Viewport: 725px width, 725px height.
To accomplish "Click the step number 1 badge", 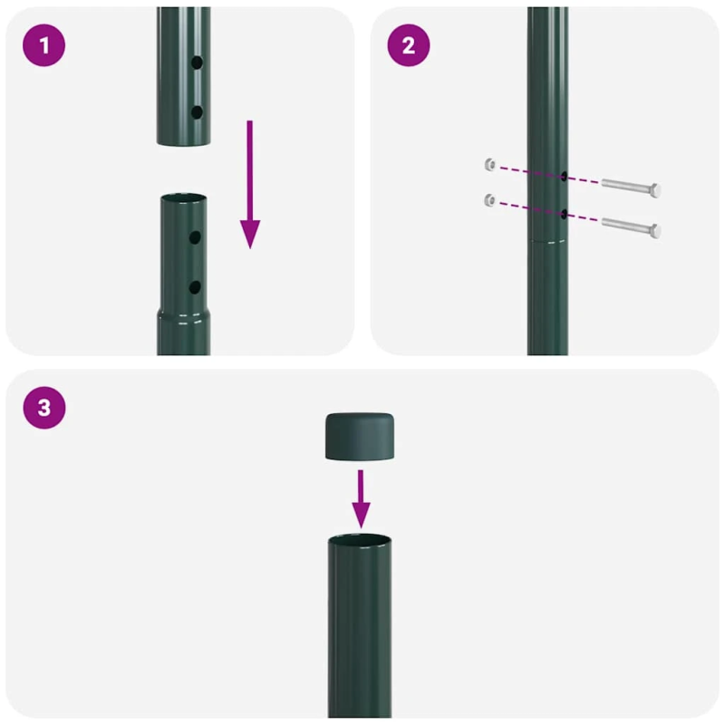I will (44, 46).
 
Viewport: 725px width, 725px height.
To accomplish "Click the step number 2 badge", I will (409, 46).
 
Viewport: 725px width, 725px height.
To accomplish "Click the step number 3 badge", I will (44, 408).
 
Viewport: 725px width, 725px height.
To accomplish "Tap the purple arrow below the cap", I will (362, 498).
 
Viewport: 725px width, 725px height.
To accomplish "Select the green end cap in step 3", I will (362, 436).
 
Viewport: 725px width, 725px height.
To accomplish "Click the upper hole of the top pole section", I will (196, 65).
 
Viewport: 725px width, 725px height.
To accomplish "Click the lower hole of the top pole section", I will (196, 112).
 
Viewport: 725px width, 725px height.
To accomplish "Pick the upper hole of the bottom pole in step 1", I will (195, 237).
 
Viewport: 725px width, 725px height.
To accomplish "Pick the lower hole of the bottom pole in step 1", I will (195, 286).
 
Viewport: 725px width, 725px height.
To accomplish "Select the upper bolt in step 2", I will (631, 187).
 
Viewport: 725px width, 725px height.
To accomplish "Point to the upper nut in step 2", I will (489, 163).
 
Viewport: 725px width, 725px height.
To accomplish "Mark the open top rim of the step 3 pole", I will (361, 540).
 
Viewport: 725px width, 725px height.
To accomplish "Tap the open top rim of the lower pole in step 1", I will (183, 198).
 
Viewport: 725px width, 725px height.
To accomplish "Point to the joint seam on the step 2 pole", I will (547, 241).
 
